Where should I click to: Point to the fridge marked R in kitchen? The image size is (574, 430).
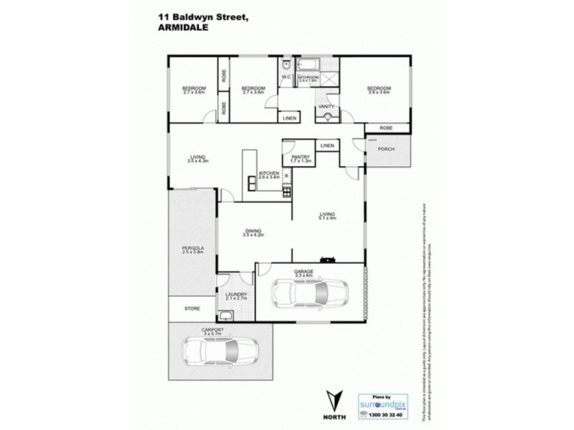click(286, 176)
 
